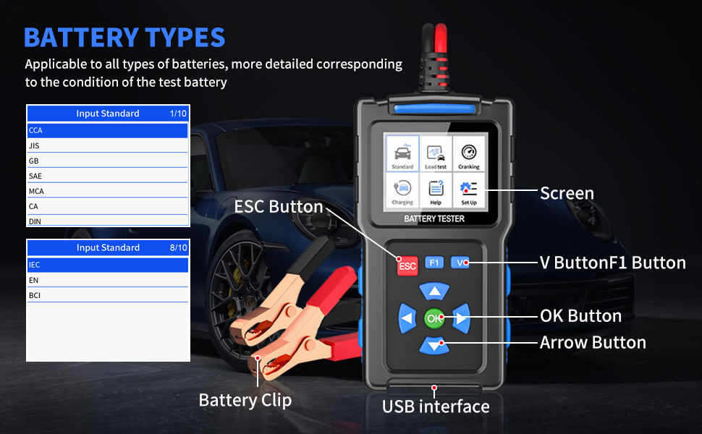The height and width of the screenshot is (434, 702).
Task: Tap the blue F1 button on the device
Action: pos(434,263)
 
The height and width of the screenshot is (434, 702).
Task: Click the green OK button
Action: pos(434,318)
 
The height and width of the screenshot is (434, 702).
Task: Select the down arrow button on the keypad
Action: pos(434,346)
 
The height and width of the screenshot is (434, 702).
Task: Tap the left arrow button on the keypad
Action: pos(407,318)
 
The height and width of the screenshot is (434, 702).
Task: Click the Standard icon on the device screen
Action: pos(402,153)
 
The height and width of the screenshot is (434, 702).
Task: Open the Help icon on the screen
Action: pos(436,191)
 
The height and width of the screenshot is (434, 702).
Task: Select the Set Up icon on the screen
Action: pos(469,191)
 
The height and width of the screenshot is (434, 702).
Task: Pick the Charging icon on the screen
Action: pos(402,191)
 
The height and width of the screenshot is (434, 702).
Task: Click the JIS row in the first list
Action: pos(107,145)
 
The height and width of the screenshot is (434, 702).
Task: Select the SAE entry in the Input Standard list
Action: pos(107,176)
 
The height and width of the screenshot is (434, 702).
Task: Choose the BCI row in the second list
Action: pos(107,295)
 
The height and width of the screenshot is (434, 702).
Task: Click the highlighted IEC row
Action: pos(107,265)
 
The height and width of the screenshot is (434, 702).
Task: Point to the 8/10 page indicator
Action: pos(178,247)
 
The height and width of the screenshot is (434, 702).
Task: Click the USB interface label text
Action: pos(436,407)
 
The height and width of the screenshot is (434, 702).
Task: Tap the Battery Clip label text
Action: pos(245,400)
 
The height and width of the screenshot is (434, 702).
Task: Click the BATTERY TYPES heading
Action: pos(124,37)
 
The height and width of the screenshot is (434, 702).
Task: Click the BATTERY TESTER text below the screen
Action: pos(434,218)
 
